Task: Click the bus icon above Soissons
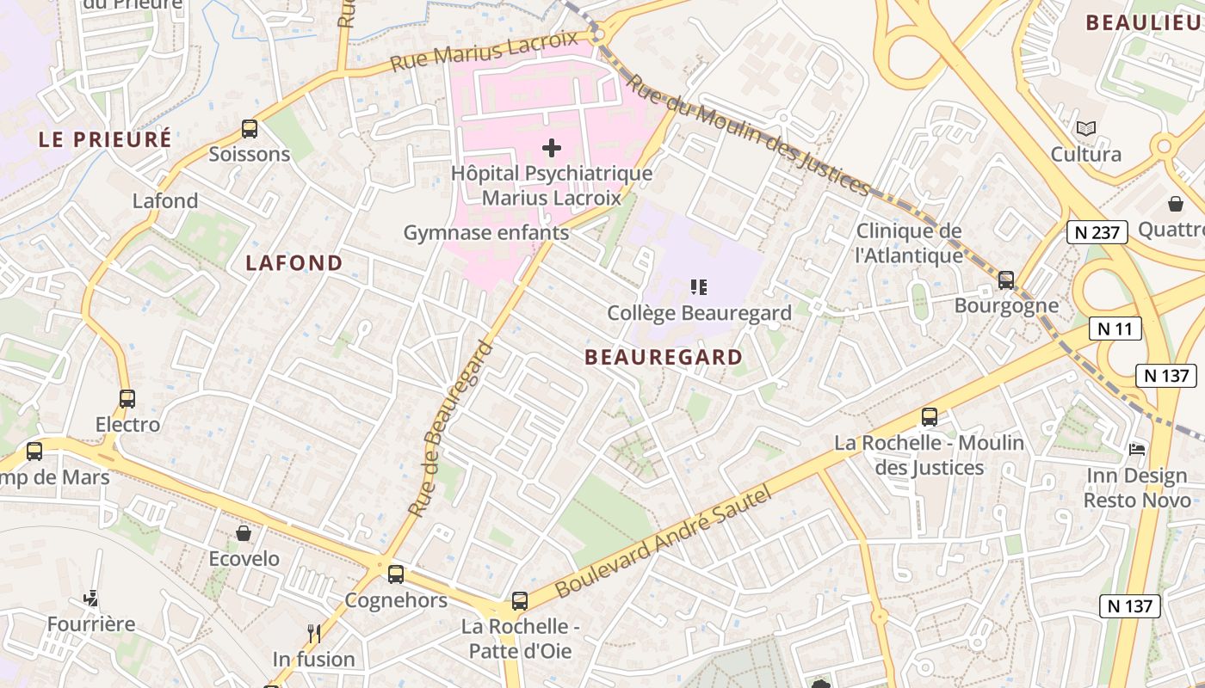[250, 129]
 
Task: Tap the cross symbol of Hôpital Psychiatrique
[552, 148]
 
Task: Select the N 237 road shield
[1097, 232]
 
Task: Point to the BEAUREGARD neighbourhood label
[663, 357]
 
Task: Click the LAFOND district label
[294, 263]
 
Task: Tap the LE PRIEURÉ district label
[105, 139]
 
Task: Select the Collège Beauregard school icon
[699, 287]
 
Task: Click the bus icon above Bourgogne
[1005, 280]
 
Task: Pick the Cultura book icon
[1086, 129]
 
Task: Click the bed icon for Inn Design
[1137, 450]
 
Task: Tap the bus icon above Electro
[127, 399]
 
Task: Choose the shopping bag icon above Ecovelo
[244, 533]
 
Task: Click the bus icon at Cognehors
[396, 574]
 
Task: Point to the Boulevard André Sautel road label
[664, 541]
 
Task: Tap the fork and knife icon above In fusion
[314, 634]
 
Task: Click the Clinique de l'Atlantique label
[909, 243]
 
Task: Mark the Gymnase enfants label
[486, 233]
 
